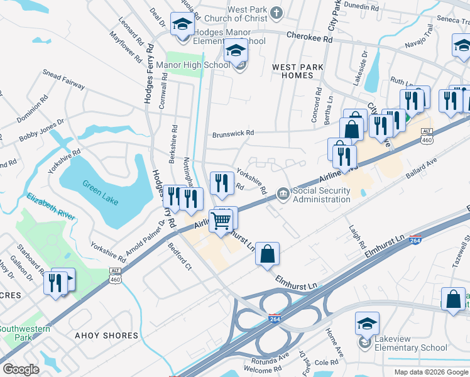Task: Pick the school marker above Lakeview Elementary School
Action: (x=367, y=322)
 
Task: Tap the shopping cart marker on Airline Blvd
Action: (x=221, y=221)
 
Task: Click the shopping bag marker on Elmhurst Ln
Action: (x=267, y=254)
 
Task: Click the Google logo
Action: (x=21, y=369)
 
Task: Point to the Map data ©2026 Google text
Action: (x=431, y=372)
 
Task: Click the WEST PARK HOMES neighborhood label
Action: (x=297, y=71)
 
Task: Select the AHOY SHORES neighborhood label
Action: (x=106, y=336)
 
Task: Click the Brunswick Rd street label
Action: (x=233, y=133)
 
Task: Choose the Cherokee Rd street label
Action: (x=310, y=38)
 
